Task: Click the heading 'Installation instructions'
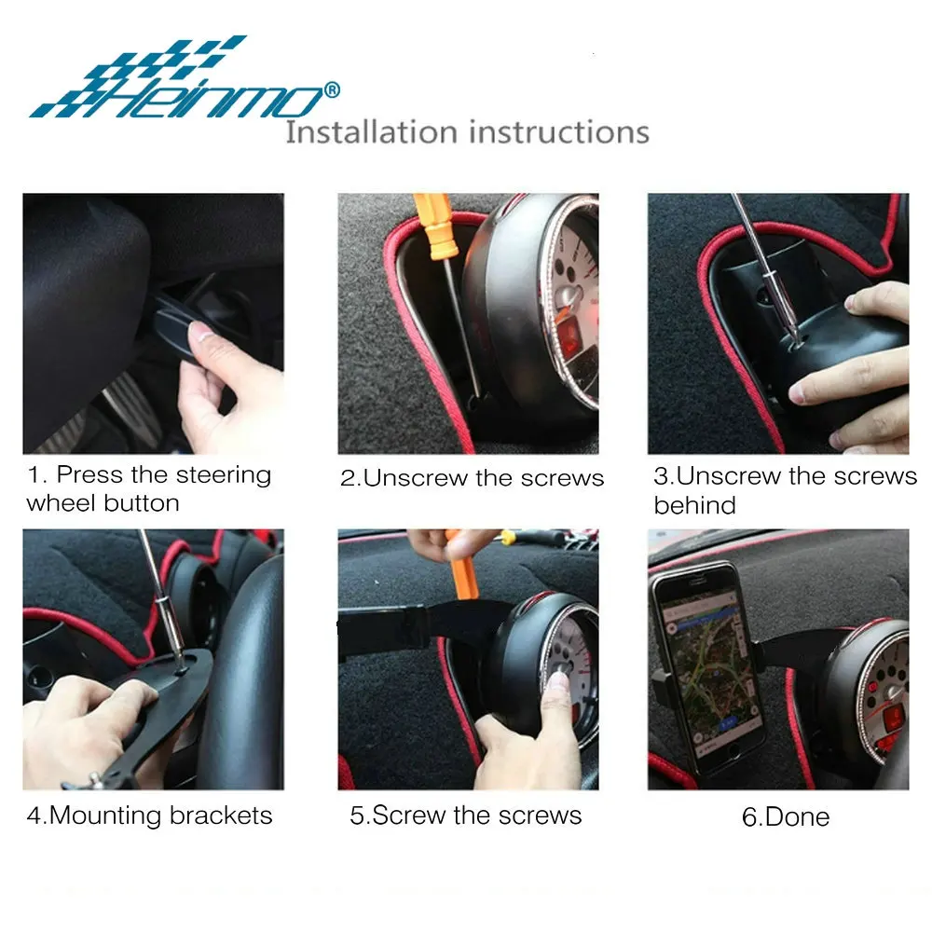[467, 131]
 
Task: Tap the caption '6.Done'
[785, 817]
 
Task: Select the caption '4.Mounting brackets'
[149, 815]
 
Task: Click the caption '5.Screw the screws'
[465, 815]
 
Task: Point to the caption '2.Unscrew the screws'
[472, 478]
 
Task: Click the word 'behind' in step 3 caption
[694, 506]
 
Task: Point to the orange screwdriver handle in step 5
[463, 567]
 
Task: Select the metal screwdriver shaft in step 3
[761, 261]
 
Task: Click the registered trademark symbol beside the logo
[332, 89]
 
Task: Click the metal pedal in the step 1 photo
[130, 410]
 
